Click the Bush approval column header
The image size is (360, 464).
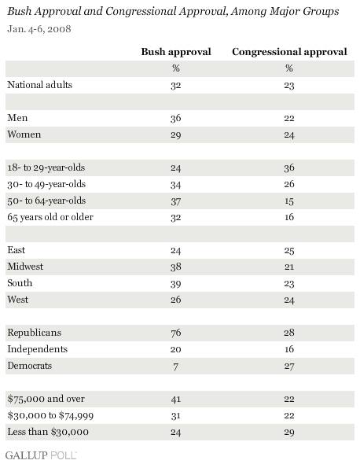[176, 52]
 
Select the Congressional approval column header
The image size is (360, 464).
[289, 52]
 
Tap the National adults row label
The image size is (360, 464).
[39, 85]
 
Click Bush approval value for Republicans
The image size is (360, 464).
[176, 333]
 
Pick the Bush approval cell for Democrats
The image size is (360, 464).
[176, 366]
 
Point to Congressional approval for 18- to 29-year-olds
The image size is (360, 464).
[289, 168]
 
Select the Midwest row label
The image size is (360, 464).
[25, 267]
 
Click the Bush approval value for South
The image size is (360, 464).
[176, 283]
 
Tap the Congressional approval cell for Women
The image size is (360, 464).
[289, 135]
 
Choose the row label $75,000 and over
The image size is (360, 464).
[46, 399]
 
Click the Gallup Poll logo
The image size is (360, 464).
[41, 455]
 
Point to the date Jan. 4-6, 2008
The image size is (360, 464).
[39, 29]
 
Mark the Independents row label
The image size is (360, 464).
[37, 349]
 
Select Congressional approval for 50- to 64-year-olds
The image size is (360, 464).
[289, 201]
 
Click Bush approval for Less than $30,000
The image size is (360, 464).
[176, 432]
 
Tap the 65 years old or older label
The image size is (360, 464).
[50, 217]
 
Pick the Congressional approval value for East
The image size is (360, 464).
[289, 251]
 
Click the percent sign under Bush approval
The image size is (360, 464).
[176, 68]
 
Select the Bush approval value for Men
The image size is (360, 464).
[176, 119]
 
